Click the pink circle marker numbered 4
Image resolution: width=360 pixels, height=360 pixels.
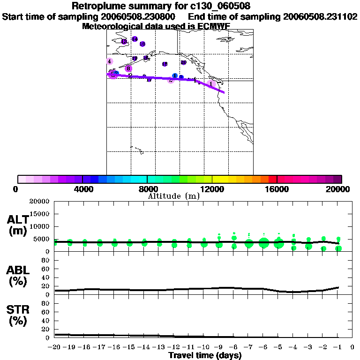point(109,61)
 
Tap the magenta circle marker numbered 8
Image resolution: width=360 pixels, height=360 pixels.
point(128,68)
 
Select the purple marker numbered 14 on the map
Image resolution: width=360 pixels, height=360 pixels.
point(135,39)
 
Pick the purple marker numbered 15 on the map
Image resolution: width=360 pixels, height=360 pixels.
point(142,44)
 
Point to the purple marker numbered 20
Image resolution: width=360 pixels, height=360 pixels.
point(183,62)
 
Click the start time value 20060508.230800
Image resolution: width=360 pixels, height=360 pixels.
point(138,17)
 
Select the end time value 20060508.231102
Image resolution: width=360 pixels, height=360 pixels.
point(321,17)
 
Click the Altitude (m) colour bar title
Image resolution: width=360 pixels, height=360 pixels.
point(173,196)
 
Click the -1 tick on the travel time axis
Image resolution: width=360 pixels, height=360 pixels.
point(337,347)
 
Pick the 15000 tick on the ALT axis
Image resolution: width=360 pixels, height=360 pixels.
point(41,214)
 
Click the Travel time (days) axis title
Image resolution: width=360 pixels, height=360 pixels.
point(204,355)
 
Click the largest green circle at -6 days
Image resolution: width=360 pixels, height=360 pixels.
point(264,243)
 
